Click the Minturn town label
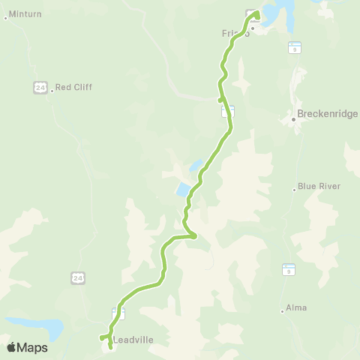pos(25,14)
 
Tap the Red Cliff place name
pos(73,87)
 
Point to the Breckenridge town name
pos(328,114)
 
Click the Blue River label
pos(319,186)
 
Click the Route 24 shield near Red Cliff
pos(40,87)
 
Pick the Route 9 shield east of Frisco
pos(294,47)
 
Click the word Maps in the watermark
pos(32,347)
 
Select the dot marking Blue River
pos(294,189)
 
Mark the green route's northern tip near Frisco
pos(256,13)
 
